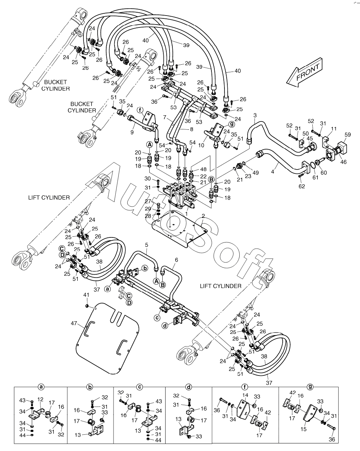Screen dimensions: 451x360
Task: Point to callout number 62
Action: tap(302, 186)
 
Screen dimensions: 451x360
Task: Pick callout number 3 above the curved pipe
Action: tap(255, 115)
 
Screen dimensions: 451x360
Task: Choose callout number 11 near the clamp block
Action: tap(334, 129)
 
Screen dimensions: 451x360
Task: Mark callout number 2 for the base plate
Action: tap(203, 216)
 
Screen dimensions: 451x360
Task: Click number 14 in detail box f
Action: tap(245, 395)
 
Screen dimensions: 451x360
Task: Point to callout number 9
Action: tap(132, 133)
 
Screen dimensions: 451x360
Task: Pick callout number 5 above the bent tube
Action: tap(146, 245)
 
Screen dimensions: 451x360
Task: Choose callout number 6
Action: tap(176, 260)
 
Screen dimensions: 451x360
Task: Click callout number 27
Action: tap(148, 201)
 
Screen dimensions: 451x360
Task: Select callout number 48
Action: tap(203, 169)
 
